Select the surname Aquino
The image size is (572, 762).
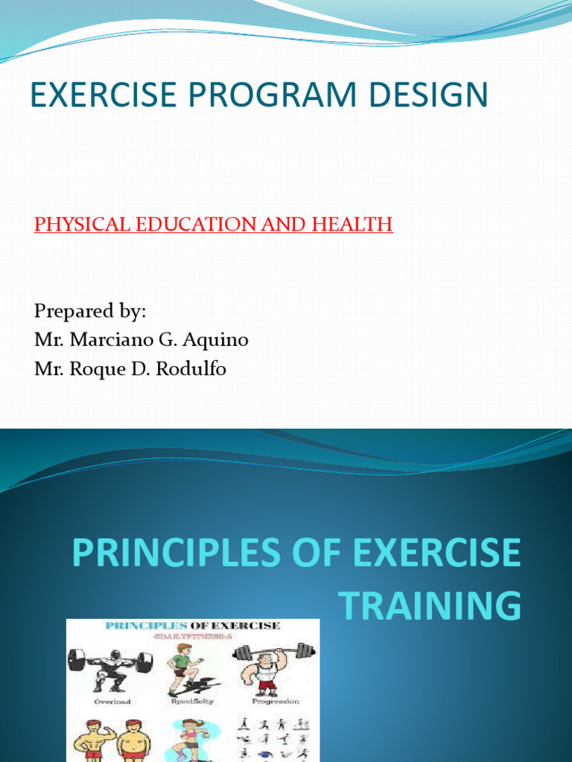click(x=220, y=340)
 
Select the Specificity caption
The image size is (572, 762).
click(x=192, y=701)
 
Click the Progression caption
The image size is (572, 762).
click(x=275, y=701)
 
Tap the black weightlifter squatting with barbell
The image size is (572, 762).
click(x=110, y=668)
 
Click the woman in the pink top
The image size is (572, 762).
click(x=191, y=740)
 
